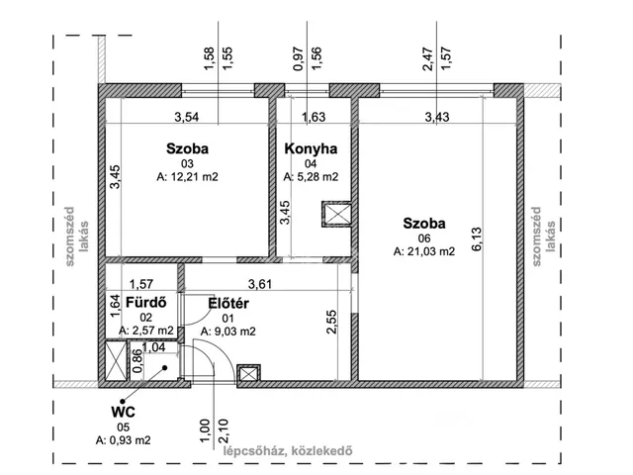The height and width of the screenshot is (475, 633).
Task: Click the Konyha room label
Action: pyautogui.click(x=311, y=148)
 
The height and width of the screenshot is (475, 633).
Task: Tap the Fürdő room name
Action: pyautogui.click(x=145, y=302)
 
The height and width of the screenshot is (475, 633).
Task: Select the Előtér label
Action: pyautogui.click(x=228, y=303)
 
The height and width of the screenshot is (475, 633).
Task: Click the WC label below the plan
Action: pyautogui.click(x=123, y=412)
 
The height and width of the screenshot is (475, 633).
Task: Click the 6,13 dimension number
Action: pyautogui.click(x=477, y=239)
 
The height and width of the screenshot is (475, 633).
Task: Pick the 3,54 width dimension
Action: pyautogui.click(x=187, y=117)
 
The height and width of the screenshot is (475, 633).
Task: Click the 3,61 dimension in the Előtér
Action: pyautogui.click(x=260, y=284)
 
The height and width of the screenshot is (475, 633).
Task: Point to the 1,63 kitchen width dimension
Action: pyautogui.click(x=314, y=117)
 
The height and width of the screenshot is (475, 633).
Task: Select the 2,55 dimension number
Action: pyautogui.click(x=331, y=322)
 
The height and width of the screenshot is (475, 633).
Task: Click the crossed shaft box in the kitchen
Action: pyautogui.click(x=336, y=214)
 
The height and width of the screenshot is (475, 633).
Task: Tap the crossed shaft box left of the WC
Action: pyautogui.click(x=116, y=360)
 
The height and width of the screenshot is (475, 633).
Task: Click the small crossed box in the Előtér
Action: pyautogui.click(x=248, y=374)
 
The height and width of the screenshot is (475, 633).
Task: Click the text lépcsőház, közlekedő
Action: pyautogui.click(x=288, y=450)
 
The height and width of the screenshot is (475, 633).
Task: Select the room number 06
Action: pyautogui.click(x=424, y=238)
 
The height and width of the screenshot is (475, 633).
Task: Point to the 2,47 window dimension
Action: pyautogui.click(x=427, y=59)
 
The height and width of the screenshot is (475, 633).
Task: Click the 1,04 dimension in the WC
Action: pyautogui.click(x=154, y=347)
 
